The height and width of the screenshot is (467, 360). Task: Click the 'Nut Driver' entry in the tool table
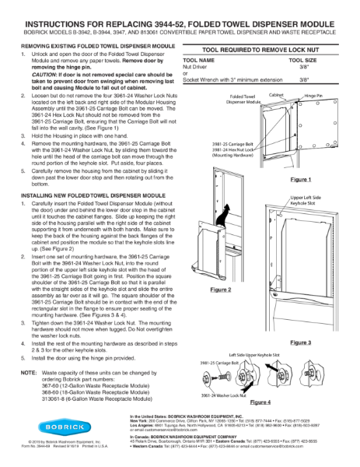[194, 66]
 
